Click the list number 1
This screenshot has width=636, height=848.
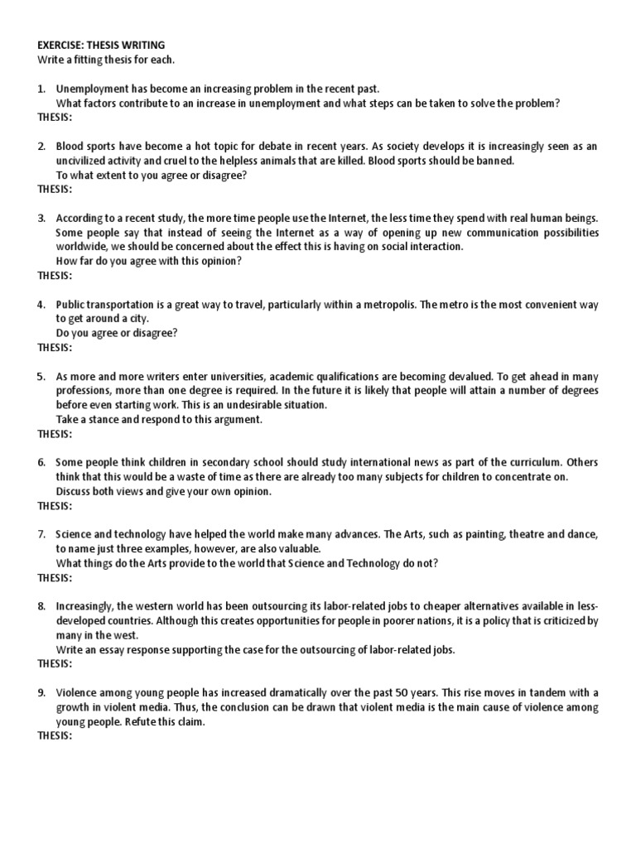click(x=41, y=89)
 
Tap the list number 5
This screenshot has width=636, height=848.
click(x=41, y=377)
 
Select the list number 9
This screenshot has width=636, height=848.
click(x=41, y=692)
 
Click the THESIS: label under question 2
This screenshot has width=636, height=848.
click(x=55, y=189)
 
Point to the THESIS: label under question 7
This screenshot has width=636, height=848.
click(x=55, y=577)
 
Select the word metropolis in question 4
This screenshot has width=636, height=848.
click(x=386, y=305)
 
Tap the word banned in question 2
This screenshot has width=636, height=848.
click(x=494, y=161)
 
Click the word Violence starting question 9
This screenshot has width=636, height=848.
click(x=76, y=692)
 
